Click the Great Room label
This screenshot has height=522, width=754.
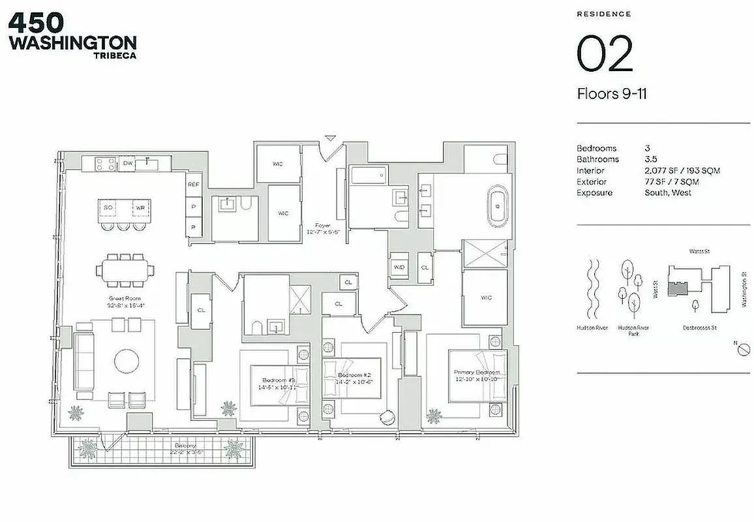[125, 301]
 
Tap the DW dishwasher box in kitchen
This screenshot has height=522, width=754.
[128, 163]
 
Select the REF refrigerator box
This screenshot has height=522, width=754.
[194, 185]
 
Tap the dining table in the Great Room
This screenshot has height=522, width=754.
[125, 269]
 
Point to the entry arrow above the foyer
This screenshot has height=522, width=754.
[331, 138]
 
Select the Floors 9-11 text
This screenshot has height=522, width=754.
[611, 94]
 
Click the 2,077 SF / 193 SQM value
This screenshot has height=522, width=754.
[681, 170]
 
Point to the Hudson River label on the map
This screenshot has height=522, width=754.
[592, 328]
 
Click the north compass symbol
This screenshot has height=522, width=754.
[742, 350]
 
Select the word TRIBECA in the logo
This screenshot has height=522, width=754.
[115, 55]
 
